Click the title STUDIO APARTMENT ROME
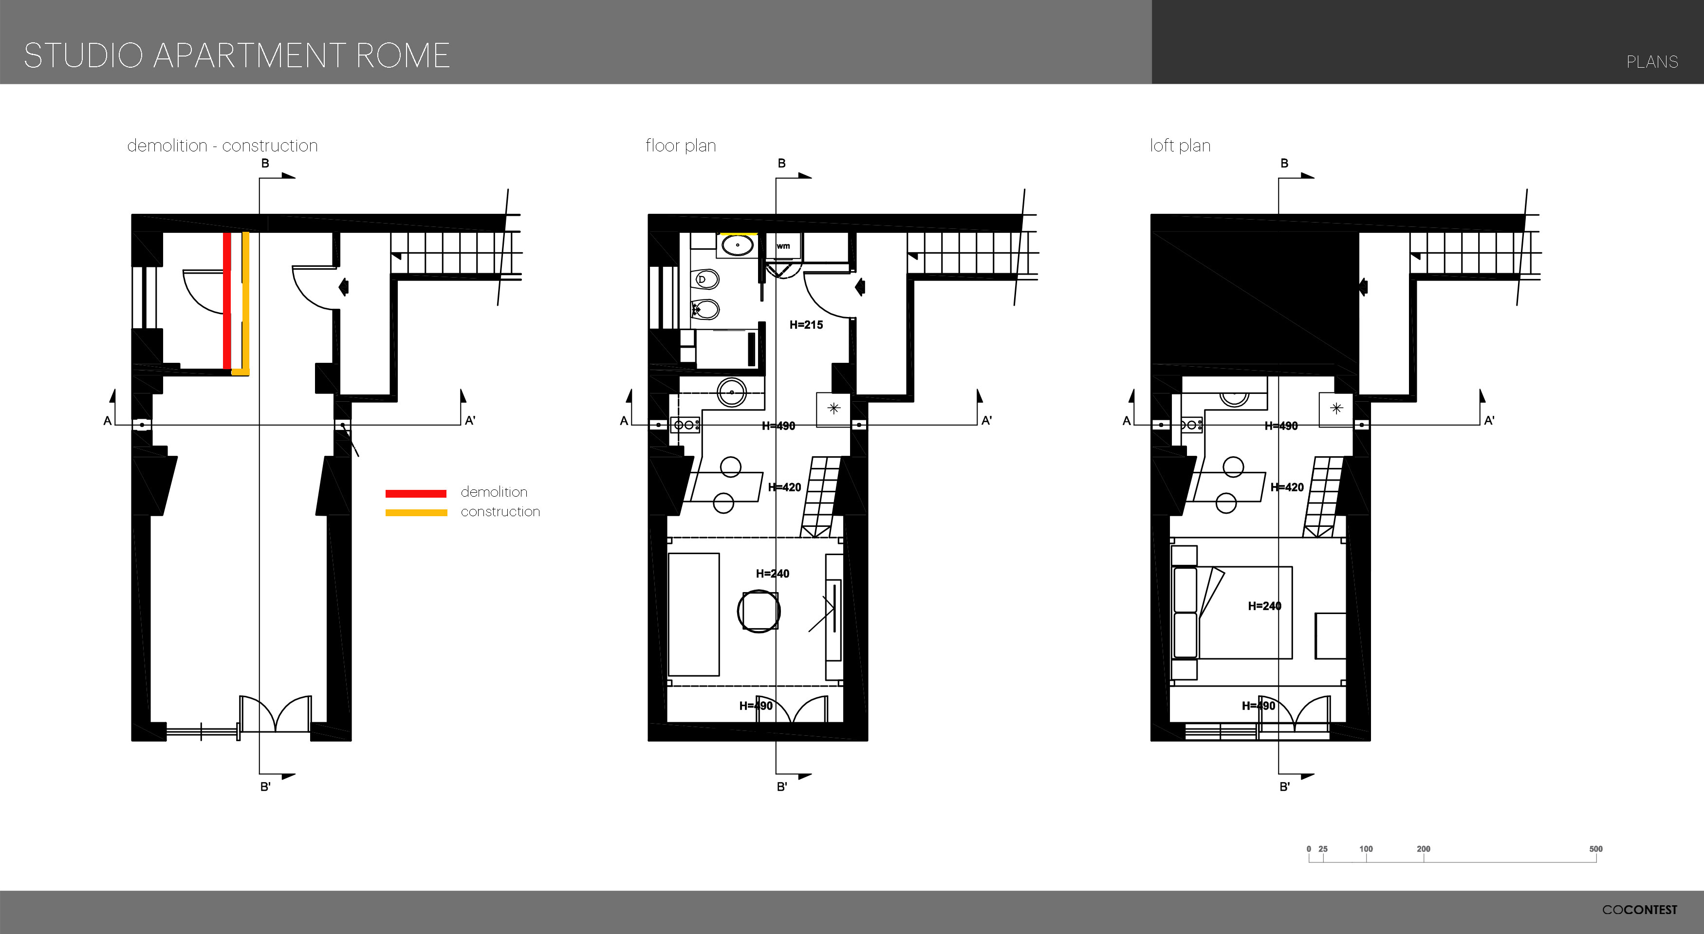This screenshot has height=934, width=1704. pyautogui.click(x=237, y=56)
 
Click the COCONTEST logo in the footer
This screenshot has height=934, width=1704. pyautogui.click(x=1639, y=910)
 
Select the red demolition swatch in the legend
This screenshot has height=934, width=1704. pyautogui.click(x=416, y=493)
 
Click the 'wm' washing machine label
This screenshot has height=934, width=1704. pyautogui.click(x=783, y=246)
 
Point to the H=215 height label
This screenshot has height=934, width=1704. pyautogui.click(x=806, y=325)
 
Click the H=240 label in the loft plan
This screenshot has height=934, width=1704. pyautogui.click(x=1264, y=606)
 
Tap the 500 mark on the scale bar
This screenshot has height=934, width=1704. pyautogui.click(x=1595, y=849)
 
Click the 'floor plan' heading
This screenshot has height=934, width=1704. pyautogui.click(x=681, y=146)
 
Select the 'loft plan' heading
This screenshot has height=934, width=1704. pyautogui.click(x=1180, y=146)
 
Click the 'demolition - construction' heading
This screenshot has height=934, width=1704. pyautogui.click(x=222, y=146)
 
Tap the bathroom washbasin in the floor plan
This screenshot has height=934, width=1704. pyautogui.click(x=738, y=245)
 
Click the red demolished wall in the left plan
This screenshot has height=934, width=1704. pyautogui.click(x=227, y=300)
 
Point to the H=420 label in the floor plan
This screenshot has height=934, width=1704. pyautogui.click(x=784, y=487)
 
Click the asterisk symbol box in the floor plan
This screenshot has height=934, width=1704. pyautogui.click(x=833, y=409)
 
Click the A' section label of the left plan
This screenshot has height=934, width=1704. pyautogui.click(x=470, y=421)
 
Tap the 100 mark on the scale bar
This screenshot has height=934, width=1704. pyautogui.click(x=1366, y=849)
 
